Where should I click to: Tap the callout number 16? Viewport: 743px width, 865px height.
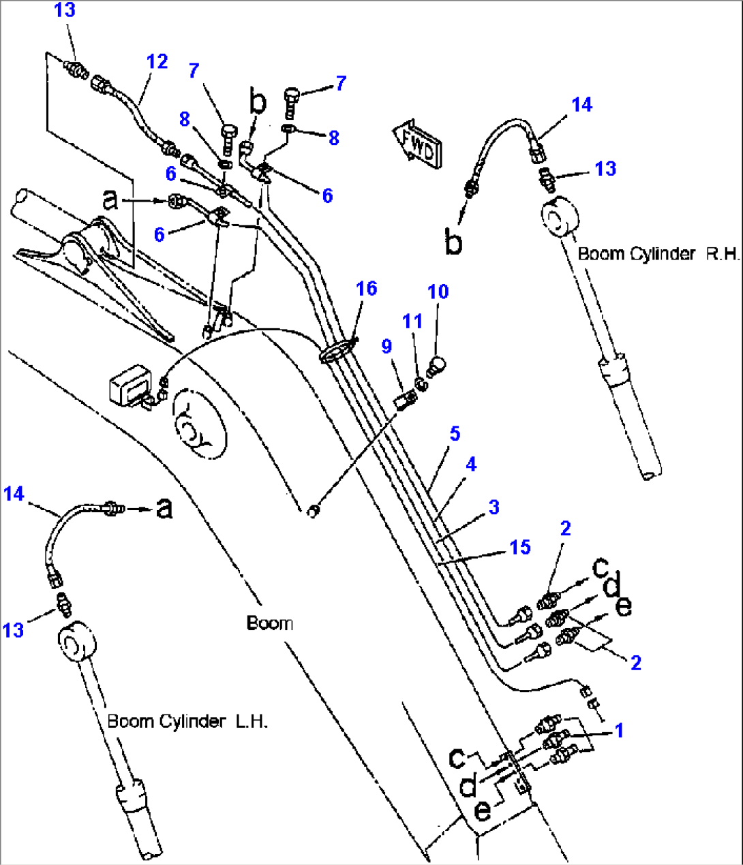point(367,289)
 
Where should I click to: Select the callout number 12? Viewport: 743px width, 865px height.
point(157,62)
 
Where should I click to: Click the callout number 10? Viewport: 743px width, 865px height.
point(438,292)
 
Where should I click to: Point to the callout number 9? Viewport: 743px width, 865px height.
point(386,347)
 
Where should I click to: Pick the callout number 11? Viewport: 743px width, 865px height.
point(412,321)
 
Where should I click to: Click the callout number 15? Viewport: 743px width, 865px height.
point(520,548)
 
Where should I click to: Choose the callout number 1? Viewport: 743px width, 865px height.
point(619,731)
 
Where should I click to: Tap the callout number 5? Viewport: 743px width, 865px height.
point(455,434)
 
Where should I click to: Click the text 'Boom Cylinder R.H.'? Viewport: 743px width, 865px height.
point(658,254)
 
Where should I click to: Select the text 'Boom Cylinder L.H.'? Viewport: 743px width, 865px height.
point(187,721)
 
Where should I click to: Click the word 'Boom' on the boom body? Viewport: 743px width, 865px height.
point(269,623)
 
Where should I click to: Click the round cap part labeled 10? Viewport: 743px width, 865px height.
point(436,365)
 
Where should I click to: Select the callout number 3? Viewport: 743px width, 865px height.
point(494,507)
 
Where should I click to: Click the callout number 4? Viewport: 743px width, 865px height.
point(471,465)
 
